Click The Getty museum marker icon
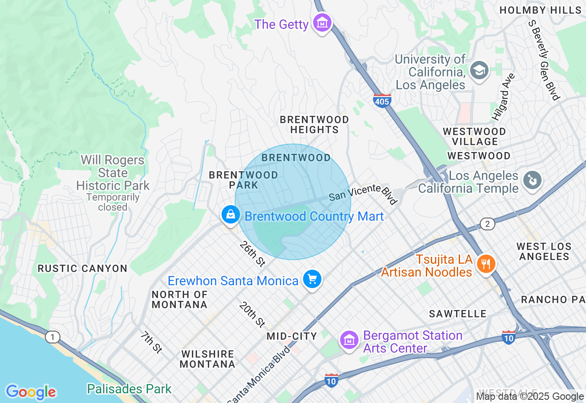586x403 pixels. point(322,22)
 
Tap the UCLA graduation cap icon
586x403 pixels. point(479,70)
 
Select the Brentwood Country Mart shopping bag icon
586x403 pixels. point(231,214)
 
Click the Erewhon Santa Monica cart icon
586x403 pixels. point(313,278)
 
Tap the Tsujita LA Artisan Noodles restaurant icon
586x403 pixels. point(484,264)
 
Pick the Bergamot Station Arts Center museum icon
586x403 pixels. point(349,340)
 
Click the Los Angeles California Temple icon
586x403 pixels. point(532,180)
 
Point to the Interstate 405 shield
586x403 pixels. point(382,100)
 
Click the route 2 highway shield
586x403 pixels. point(488,223)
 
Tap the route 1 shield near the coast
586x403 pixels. point(52,338)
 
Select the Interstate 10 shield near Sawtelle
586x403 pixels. point(509,337)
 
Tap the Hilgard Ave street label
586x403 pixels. point(504,97)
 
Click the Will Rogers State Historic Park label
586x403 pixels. point(113,173)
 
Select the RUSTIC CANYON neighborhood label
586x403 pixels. point(82,268)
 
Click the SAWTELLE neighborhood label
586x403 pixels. point(457,314)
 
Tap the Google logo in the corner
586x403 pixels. point(31,392)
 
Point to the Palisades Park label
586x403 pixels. point(129,389)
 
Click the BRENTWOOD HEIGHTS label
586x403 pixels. point(314,125)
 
